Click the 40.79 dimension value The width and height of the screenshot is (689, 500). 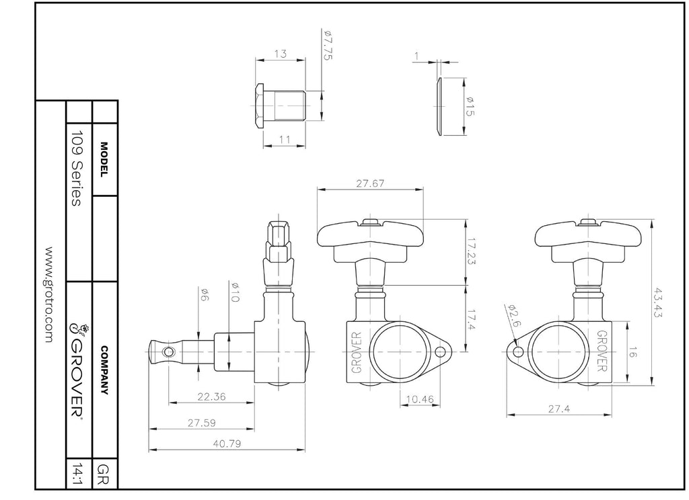pyautogui.click(x=227, y=444)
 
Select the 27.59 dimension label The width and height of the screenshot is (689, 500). pyautogui.click(x=202, y=423)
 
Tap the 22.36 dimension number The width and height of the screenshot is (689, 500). pyautogui.click(x=211, y=397)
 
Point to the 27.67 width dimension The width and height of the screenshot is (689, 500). pyautogui.click(x=370, y=183)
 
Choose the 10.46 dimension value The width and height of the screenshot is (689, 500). pyautogui.click(x=420, y=399)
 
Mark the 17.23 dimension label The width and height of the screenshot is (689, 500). pyautogui.click(x=471, y=251)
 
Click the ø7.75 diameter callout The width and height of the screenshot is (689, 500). pyautogui.click(x=328, y=45)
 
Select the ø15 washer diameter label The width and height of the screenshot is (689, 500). pyautogui.click(x=469, y=107)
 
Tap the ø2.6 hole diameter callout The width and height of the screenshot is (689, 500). pyautogui.click(x=513, y=315)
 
